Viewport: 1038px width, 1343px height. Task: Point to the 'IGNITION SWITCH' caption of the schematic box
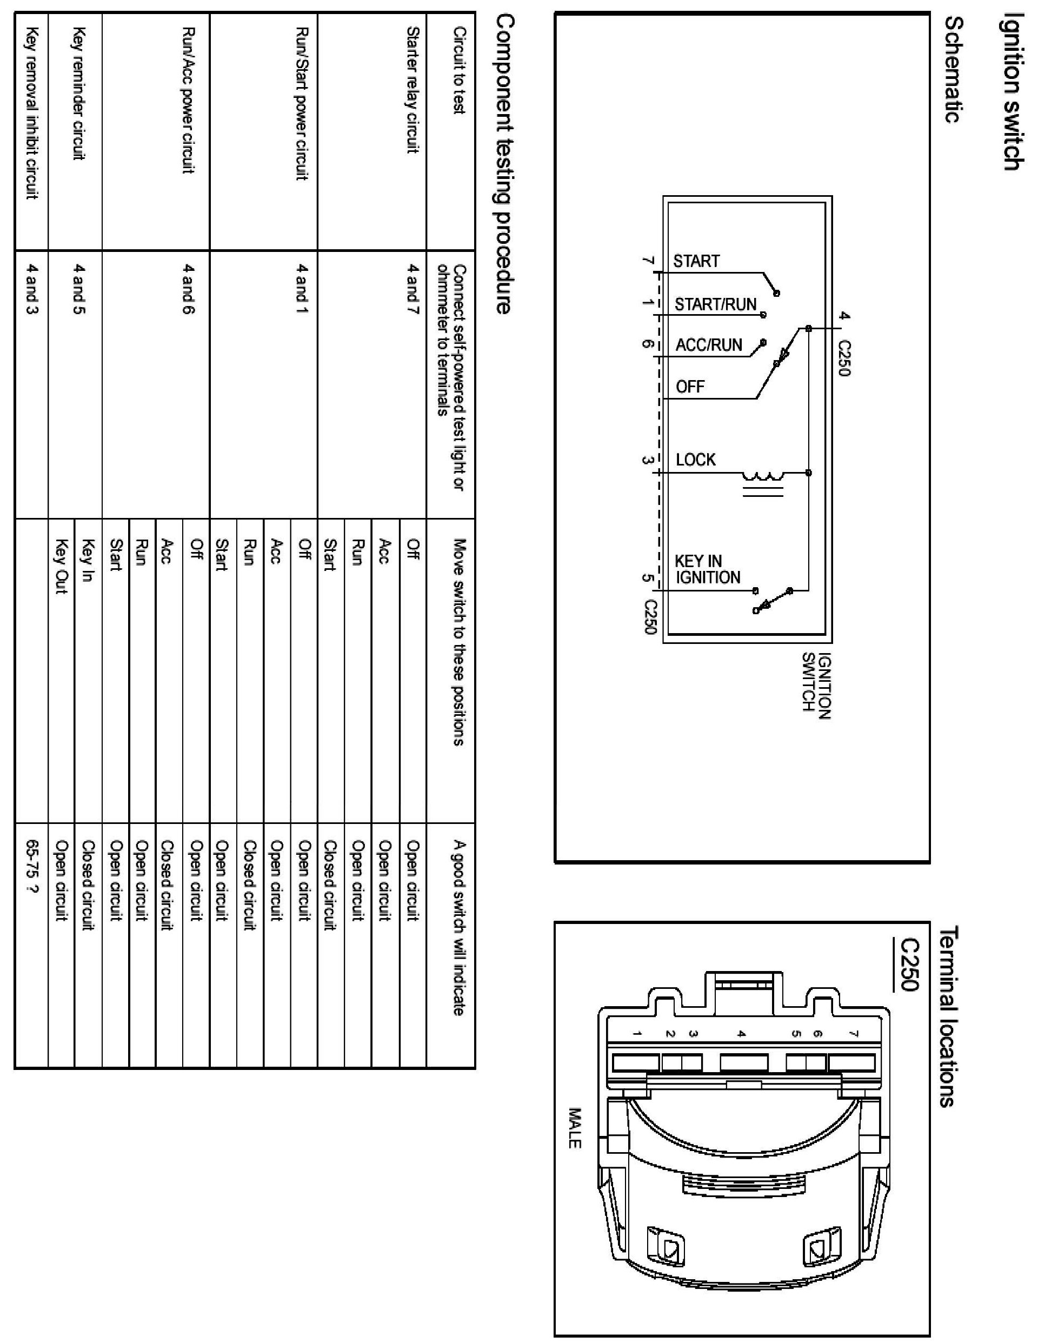[817, 682]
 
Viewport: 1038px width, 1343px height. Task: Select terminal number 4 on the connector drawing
[742, 1034]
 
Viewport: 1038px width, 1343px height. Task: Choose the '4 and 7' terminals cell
[412, 290]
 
